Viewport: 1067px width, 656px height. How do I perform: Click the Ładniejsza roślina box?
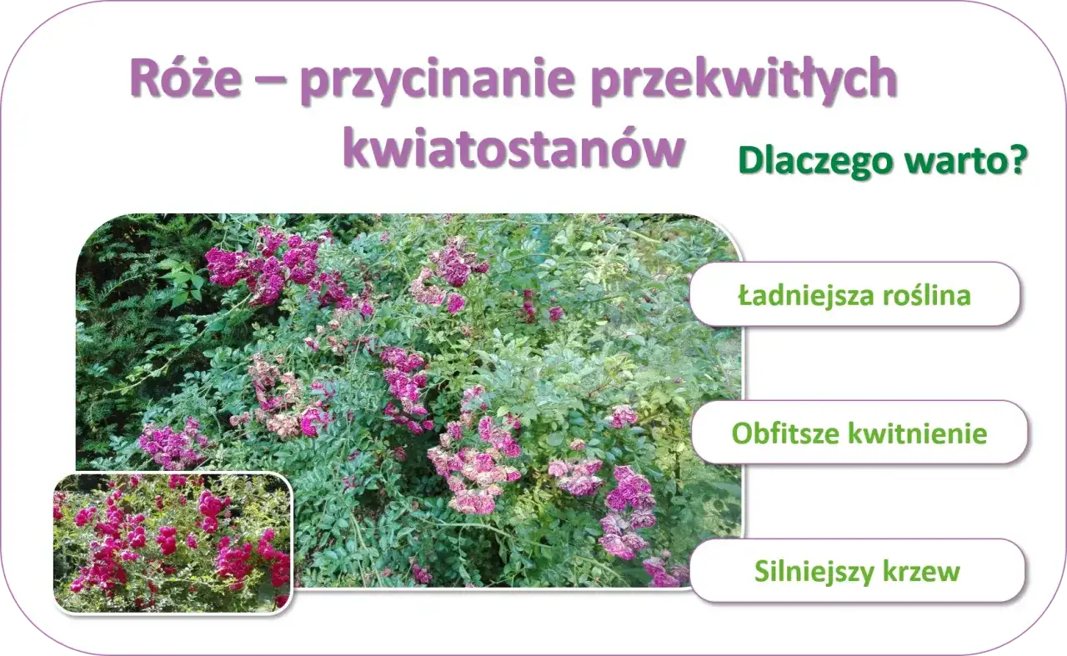(855, 294)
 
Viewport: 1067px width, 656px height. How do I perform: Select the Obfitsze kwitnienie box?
(859, 433)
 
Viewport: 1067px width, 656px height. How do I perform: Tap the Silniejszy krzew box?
(857, 571)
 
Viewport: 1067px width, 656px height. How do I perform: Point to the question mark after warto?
(1015, 161)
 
